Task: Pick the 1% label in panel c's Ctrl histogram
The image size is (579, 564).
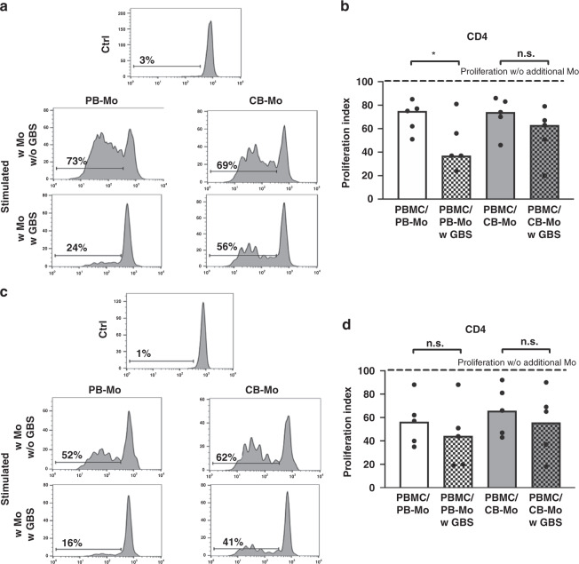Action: coord(144,355)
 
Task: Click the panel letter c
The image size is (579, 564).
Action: coord(6,297)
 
